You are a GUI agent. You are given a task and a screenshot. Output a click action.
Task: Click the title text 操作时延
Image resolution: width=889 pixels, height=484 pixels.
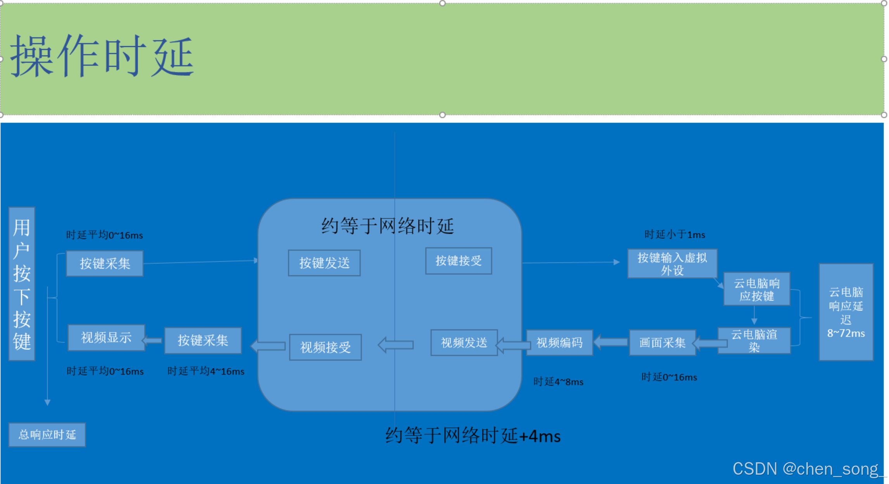coord(102,55)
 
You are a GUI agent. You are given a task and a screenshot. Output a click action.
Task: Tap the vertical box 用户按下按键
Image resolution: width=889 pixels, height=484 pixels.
coord(22,284)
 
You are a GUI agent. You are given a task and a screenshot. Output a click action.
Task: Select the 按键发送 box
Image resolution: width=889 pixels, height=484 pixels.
coord(324,263)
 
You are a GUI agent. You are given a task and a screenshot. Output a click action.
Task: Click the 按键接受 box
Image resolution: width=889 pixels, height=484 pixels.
coord(458,261)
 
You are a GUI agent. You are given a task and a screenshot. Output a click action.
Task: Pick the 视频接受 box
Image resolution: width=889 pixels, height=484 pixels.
coord(325,347)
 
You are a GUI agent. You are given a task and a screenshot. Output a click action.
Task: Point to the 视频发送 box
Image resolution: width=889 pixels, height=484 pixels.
coord(464,342)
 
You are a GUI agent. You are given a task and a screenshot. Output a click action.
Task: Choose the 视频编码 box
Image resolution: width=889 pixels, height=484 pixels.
coord(559,342)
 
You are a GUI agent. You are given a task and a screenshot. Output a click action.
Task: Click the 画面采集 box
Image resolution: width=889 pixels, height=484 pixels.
coord(662,342)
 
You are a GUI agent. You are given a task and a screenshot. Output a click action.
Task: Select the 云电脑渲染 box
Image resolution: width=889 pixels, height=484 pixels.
coord(754,341)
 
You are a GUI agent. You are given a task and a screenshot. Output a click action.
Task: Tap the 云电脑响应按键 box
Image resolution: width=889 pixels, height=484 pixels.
coord(756,289)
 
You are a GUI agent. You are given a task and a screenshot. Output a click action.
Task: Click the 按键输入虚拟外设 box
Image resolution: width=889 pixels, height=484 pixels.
coord(672,264)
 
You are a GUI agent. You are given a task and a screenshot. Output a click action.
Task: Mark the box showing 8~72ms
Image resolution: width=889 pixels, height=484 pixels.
coord(846,312)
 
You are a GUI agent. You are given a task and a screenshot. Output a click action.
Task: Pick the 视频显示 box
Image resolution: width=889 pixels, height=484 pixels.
coord(106,338)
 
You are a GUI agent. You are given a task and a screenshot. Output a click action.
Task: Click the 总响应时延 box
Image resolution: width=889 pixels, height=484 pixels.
coord(47,435)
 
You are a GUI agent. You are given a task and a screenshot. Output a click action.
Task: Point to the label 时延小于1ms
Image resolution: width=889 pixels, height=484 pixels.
coord(675,235)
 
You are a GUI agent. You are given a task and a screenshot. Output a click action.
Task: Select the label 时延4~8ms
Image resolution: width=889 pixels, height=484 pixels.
coord(558,382)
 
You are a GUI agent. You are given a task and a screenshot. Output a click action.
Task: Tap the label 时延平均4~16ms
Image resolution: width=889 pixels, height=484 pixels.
coord(206,371)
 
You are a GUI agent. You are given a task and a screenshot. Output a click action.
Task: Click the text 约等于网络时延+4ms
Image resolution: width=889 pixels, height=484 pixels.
coord(473,436)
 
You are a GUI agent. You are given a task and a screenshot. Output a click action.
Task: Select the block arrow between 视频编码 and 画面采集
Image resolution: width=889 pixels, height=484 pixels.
coord(611,342)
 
